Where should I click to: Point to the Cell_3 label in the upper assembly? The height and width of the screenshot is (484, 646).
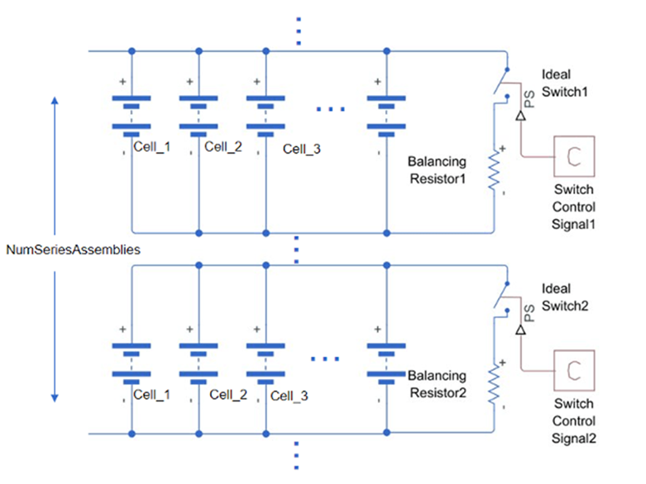[302, 149]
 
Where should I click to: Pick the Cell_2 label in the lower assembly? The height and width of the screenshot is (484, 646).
[228, 395]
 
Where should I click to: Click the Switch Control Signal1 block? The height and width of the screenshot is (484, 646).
[572, 154]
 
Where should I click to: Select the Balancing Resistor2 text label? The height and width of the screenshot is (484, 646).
[438, 384]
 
